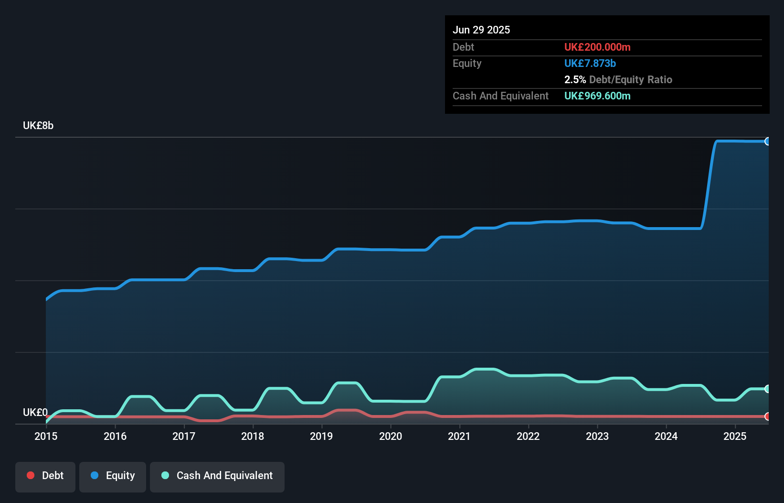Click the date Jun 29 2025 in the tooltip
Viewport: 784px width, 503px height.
click(x=481, y=30)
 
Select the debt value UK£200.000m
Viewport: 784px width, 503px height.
click(x=597, y=47)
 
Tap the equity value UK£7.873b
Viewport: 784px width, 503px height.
click(x=590, y=63)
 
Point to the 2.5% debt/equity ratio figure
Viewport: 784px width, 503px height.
click(x=575, y=79)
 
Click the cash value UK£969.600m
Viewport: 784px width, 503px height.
click(x=597, y=96)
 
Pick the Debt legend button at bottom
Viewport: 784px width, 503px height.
click(x=45, y=476)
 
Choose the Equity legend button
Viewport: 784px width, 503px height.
click(x=113, y=476)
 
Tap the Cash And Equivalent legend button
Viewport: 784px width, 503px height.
click(x=217, y=476)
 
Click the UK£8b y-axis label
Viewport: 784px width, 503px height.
click(x=38, y=125)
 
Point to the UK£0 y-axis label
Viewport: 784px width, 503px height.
click(x=35, y=412)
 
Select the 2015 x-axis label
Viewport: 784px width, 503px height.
click(x=46, y=436)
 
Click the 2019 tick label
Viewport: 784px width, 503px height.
click(x=321, y=436)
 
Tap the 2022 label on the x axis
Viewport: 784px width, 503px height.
click(x=528, y=436)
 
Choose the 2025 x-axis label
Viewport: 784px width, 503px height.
click(x=735, y=436)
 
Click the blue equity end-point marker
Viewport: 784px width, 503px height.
click(x=768, y=141)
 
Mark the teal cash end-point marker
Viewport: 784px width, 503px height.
click(x=768, y=389)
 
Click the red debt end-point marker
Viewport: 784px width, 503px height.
click(x=768, y=416)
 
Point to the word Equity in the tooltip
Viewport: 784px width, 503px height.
click(x=467, y=63)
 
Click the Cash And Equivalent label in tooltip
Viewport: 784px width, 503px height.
click(x=500, y=96)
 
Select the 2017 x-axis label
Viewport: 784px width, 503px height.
click(x=184, y=436)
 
